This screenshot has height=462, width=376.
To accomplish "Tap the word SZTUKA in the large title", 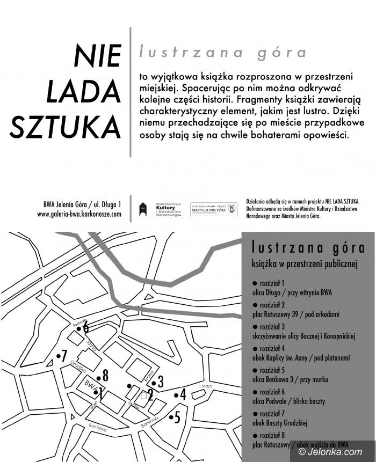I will [66, 124].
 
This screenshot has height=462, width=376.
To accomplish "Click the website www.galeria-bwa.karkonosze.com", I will [79, 214].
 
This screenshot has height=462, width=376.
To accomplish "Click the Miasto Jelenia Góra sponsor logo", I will [214, 209].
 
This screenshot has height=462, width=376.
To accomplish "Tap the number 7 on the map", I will [63, 355].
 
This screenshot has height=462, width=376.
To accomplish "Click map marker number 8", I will [105, 376].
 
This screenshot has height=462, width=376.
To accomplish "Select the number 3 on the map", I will [160, 382].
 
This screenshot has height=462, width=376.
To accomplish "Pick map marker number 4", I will [182, 395].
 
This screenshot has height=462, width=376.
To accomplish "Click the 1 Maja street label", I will [206, 387].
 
